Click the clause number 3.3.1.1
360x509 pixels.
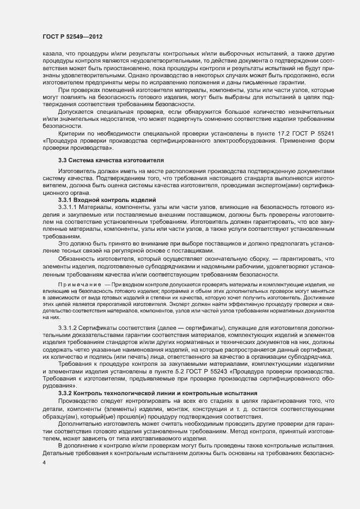[x=68, y=207]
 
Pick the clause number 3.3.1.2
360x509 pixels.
[x=68, y=329]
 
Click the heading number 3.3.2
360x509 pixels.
[x=65, y=378]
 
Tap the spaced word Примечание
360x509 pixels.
[x=80, y=285]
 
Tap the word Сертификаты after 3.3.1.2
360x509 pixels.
[x=107, y=329]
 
